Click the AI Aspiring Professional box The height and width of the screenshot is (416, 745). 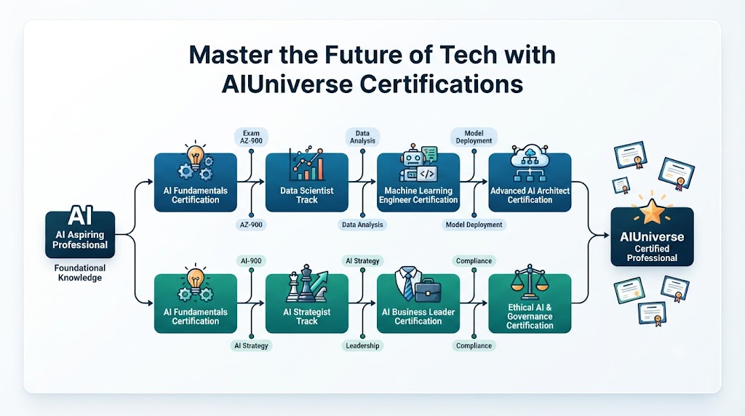pos(80,234)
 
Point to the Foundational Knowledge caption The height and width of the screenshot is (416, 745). pos(80,273)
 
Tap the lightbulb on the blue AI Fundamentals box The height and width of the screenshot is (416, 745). pos(195,156)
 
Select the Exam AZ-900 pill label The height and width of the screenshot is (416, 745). pos(251,137)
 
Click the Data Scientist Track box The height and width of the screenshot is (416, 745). pos(307,183)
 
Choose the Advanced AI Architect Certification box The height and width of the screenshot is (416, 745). pos(530,183)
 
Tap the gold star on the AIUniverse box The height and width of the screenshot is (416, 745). pos(652,212)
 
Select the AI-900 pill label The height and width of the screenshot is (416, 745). pos(251,260)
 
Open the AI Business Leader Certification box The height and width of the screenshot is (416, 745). pos(418,303)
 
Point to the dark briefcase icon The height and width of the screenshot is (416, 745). pos(428,290)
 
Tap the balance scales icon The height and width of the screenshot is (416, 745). pos(530,283)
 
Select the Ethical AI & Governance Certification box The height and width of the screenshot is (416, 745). pos(530,303)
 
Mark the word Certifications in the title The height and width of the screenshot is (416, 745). pos(442,84)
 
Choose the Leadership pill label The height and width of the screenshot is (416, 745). pos(362,345)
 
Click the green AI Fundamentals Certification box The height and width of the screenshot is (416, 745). pos(195,303)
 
